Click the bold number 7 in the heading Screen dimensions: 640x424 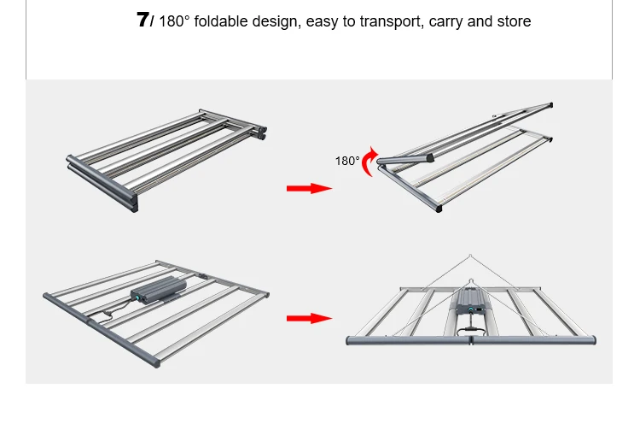pyautogui.click(x=143, y=21)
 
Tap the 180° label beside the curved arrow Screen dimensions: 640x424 pyautogui.click(x=347, y=161)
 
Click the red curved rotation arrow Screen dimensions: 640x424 pyautogui.click(x=369, y=162)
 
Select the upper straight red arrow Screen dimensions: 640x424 pyautogui.click(x=308, y=188)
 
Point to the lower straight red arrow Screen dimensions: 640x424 pyautogui.click(x=308, y=318)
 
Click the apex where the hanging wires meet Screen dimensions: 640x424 pyautogui.click(x=470, y=256)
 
